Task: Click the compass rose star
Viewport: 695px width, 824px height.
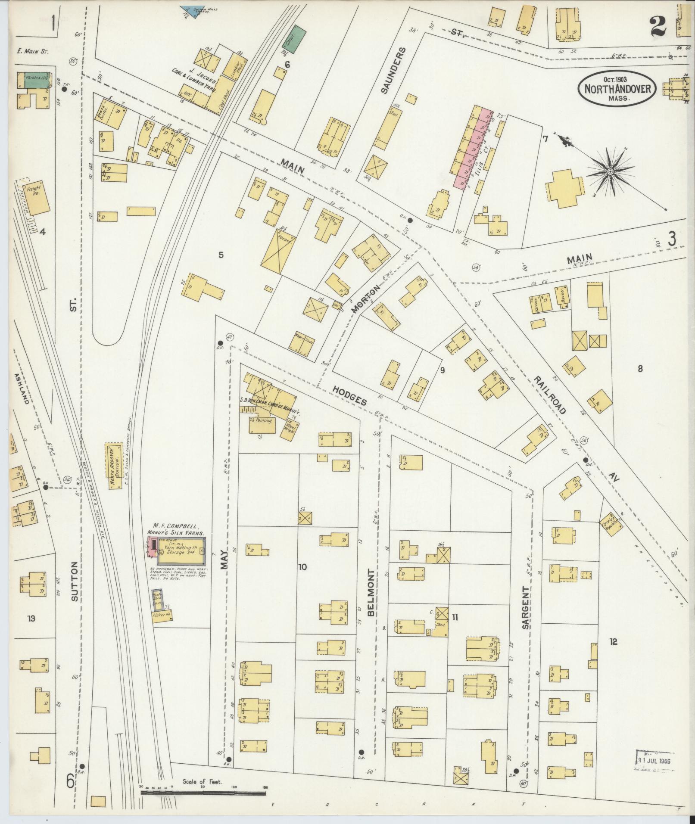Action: pos(610,172)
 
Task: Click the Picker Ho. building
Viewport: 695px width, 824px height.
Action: pos(162,616)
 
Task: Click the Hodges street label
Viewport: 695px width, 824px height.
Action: pos(349,395)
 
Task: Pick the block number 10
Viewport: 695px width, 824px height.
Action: pos(302,567)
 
